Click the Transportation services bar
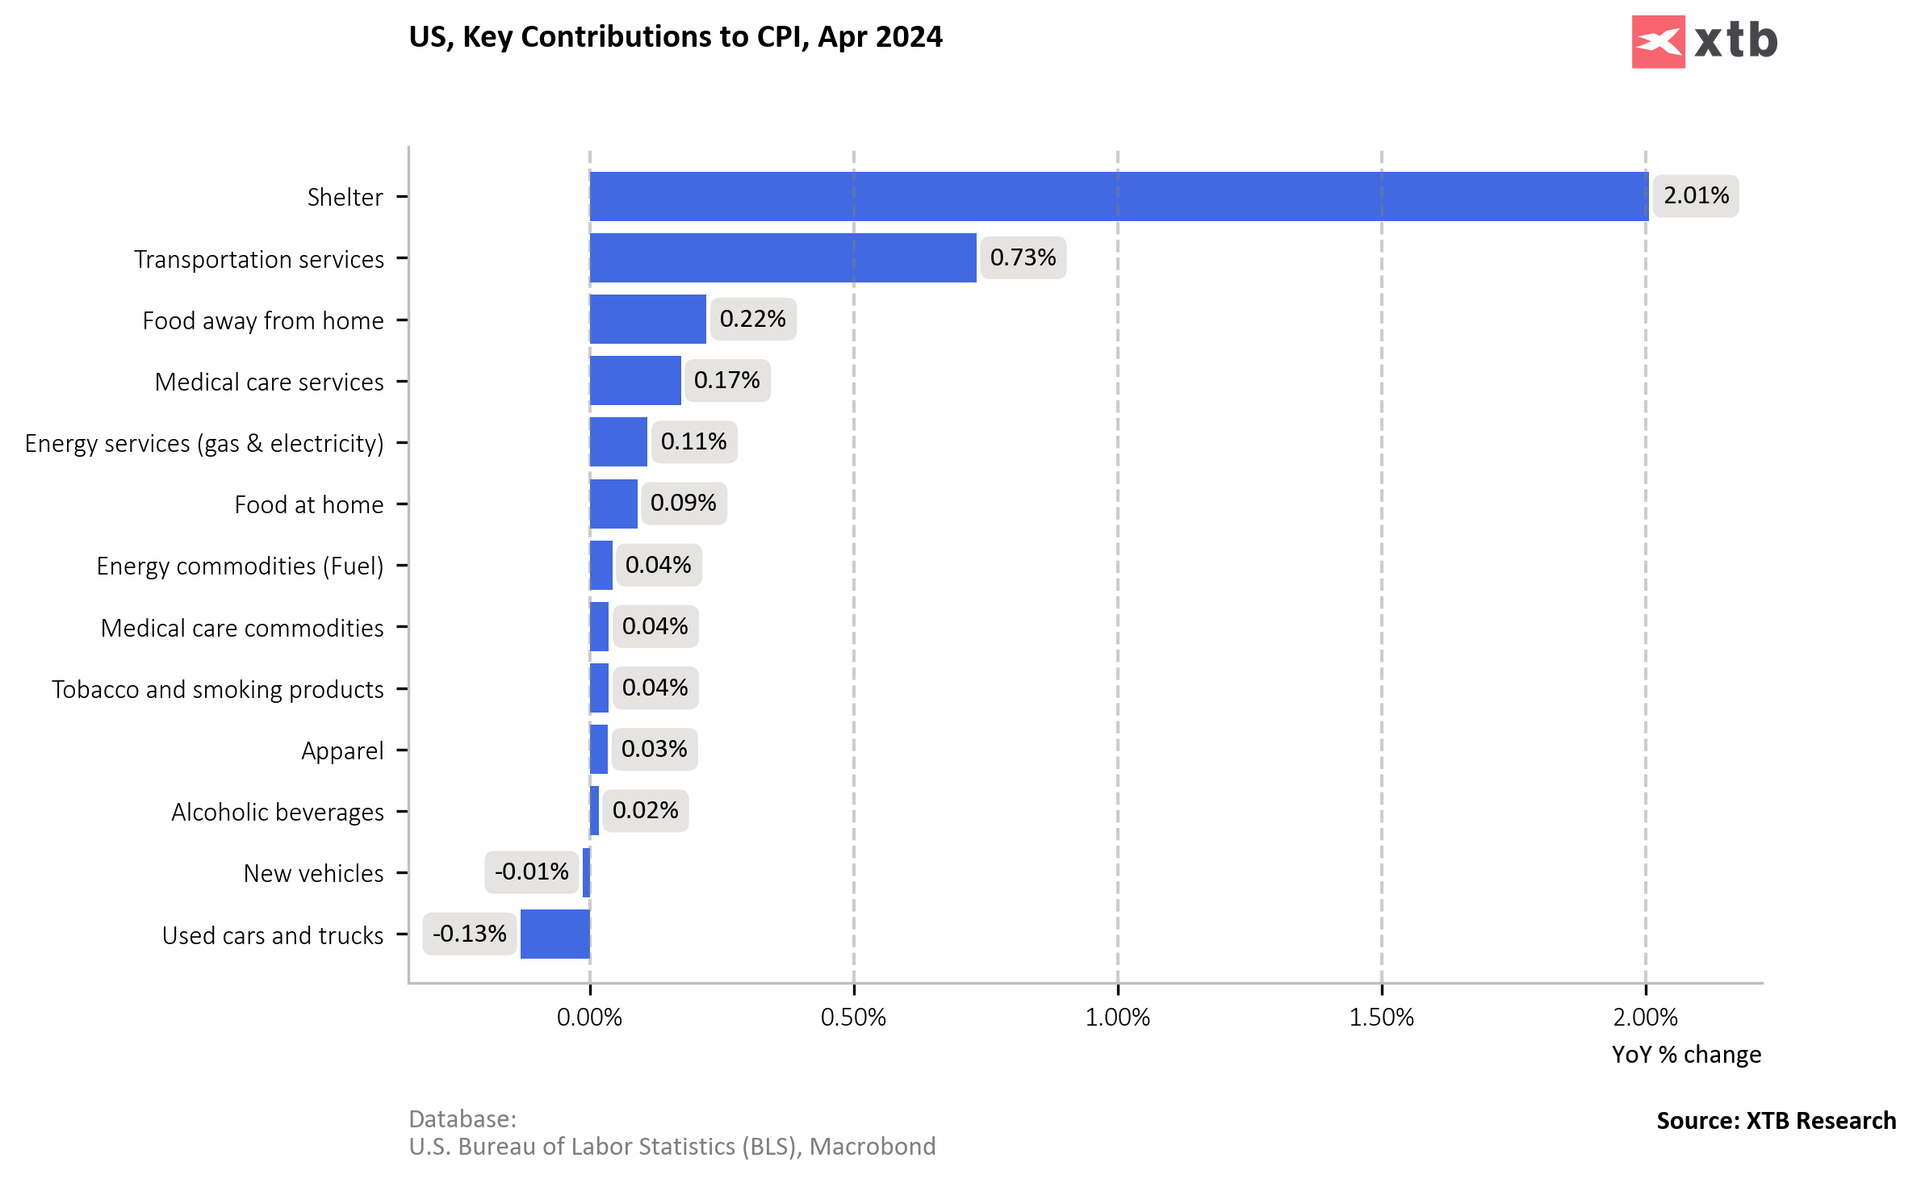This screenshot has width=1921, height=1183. pyautogui.click(x=783, y=258)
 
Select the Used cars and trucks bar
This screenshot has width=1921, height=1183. pyautogui.click(x=555, y=934)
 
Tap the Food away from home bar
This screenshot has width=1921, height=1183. pyautogui.click(x=648, y=320)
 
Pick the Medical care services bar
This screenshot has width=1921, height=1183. pyautogui.click(x=635, y=381)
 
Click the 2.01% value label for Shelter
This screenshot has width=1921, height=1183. pyautogui.click(x=1696, y=196)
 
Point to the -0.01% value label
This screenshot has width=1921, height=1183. pyautogui.click(x=531, y=872)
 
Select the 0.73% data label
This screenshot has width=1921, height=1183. pyautogui.click(x=1023, y=257)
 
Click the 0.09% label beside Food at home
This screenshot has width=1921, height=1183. pyautogui.click(x=683, y=504)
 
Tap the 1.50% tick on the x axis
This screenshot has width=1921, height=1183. pyautogui.click(x=1381, y=1017)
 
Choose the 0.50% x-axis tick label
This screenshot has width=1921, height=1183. pyautogui.click(x=853, y=1017)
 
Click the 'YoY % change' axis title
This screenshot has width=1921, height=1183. pyautogui.click(x=1686, y=1055)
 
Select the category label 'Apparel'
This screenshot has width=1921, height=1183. pyautogui.click(x=342, y=751)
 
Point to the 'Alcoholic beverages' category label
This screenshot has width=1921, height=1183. pyautogui.click(x=278, y=813)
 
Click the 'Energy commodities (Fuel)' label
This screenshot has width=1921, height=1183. pyautogui.click(x=240, y=566)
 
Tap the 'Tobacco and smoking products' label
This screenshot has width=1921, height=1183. pyautogui.click(x=218, y=690)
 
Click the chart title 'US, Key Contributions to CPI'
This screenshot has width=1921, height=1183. pyautogui.click(x=675, y=37)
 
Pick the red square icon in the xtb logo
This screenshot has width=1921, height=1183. pyautogui.click(x=1658, y=42)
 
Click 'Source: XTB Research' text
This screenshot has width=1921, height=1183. pyautogui.click(x=1776, y=1121)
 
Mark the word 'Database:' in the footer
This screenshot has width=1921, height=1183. pyautogui.click(x=462, y=1119)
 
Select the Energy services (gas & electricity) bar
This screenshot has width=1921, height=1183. pyautogui.click(x=618, y=442)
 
